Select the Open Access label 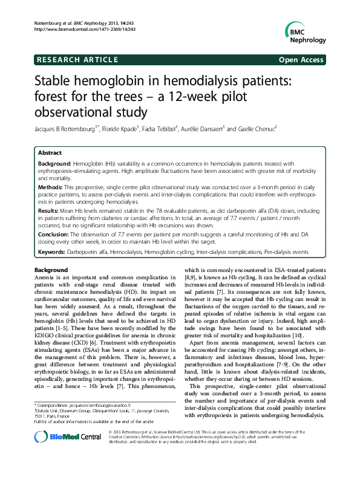pyautogui.click(x=301, y=60)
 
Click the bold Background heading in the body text pyautogui.click(x=51, y=269)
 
